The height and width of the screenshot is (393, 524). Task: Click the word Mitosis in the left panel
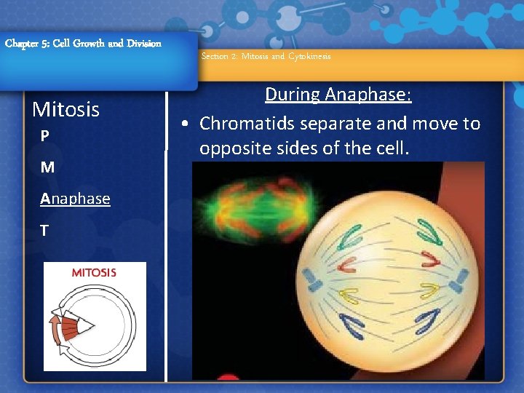coord(66,110)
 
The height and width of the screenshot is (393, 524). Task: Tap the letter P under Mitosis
coord(45,137)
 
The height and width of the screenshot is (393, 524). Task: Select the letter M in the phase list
coord(47,167)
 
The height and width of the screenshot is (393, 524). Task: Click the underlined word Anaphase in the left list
coord(76,199)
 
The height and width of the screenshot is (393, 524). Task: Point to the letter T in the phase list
coord(45,231)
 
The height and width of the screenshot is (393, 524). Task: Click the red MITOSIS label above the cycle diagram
coord(94,273)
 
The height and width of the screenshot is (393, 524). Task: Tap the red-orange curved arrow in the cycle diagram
coord(55,324)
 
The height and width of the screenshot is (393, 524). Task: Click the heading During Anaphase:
coord(338,95)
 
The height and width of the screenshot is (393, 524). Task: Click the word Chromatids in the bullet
coord(247,124)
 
